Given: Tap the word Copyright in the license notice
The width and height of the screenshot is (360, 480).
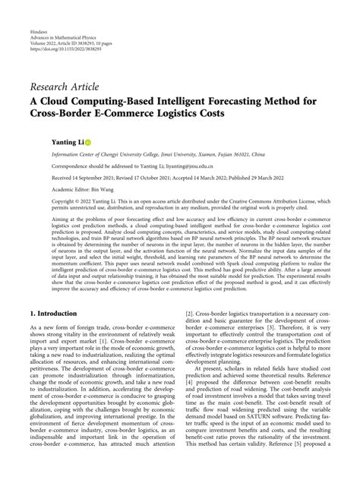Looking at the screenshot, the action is coord(44,202).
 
